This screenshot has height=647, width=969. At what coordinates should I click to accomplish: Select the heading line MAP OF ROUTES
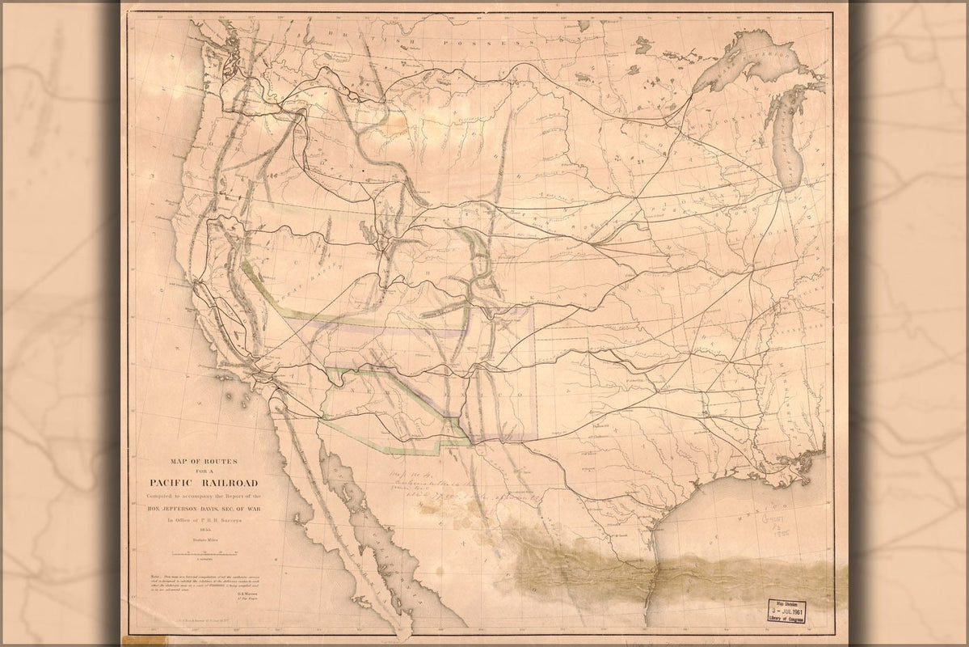coord(197,462)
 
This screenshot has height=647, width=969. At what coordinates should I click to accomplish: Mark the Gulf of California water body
coord(348,501)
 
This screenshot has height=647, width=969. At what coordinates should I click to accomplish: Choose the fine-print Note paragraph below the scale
coord(202,581)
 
